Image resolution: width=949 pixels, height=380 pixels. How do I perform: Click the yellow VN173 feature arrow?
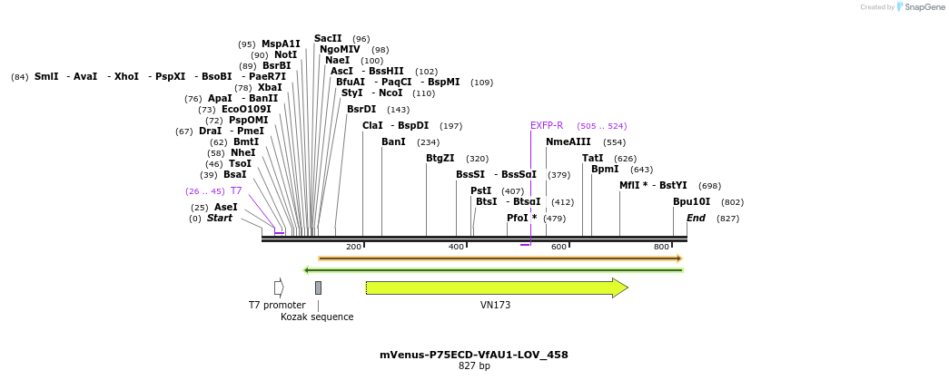tap(496, 287)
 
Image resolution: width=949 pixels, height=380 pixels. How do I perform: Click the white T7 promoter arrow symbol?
tap(279, 287)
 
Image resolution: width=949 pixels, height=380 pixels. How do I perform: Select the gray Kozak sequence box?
tap(318, 287)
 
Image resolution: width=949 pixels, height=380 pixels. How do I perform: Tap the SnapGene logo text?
tap(924, 7)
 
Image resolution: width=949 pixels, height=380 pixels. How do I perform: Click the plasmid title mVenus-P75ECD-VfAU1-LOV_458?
tap(473, 355)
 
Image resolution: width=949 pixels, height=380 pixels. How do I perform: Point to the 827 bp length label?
tap(473, 365)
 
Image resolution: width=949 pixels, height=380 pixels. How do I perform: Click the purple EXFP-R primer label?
tap(547, 125)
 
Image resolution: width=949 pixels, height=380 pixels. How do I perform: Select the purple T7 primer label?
tap(236, 191)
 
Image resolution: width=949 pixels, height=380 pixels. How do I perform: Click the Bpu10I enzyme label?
tap(691, 201)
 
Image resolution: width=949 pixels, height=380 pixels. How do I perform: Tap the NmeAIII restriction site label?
tap(568, 141)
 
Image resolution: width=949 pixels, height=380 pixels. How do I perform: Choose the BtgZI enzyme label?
tap(440, 158)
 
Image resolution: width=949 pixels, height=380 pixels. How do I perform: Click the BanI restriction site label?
tap(393, 141)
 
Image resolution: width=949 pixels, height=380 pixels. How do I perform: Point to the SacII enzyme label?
tap(328, 38)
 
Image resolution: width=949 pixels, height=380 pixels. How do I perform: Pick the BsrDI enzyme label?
tap(361, 109)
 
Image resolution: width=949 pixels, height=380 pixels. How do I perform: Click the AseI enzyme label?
tap(225, 207)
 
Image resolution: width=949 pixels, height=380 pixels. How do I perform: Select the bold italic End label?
tap(696, 218)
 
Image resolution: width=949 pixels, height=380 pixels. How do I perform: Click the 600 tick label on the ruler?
tap(559, 247)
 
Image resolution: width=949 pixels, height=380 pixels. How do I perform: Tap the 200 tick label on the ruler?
tap(353, 247)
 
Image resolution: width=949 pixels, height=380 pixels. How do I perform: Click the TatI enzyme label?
tap(592, 158)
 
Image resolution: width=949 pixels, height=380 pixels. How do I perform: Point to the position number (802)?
tap(732, 202)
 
